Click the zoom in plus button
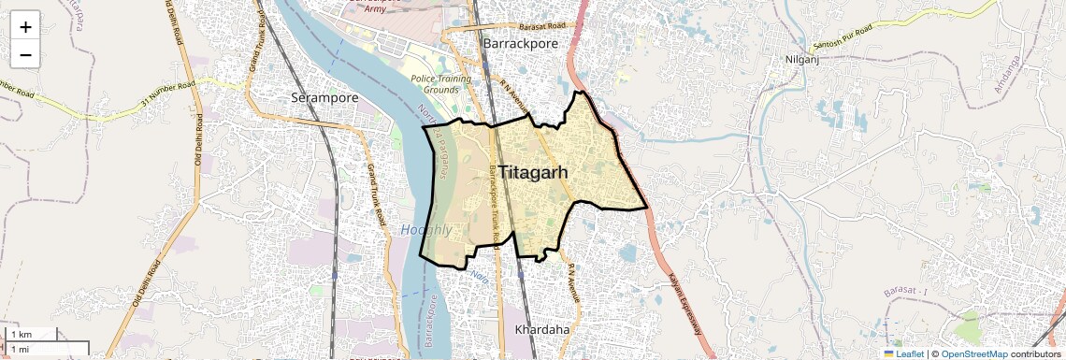pos(25,27)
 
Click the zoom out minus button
pos(25,55)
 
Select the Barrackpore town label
pos(521,43)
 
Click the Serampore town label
pos(325,96)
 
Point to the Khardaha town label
pos(542,329)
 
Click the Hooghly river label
pos(426,229)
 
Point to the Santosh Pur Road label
pos(842,39)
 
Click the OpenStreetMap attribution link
pos(973,353)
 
